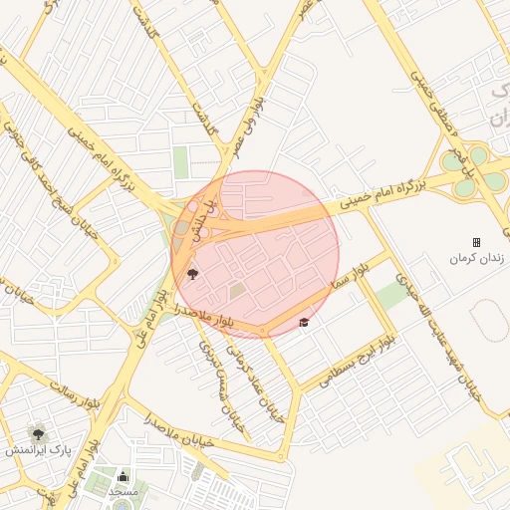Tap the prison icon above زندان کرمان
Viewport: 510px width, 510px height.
[x=476, y=242]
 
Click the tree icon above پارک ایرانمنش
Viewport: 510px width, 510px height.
[x=38, y=433]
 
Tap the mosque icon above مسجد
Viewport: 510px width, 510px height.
[x=124, y=476]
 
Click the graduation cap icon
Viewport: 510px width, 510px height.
[x=303, y=322]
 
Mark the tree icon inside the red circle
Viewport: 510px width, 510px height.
[x=192, y=272]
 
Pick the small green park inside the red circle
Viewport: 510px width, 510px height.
[x=237, y=291]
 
